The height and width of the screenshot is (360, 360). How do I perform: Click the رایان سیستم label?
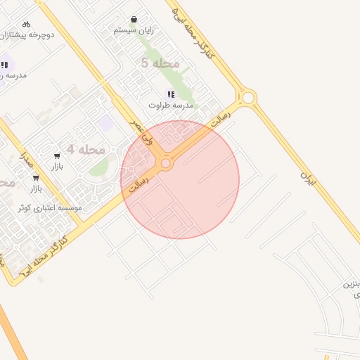(x=134, y=30)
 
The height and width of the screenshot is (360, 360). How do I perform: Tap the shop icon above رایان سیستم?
(x=134, y=20)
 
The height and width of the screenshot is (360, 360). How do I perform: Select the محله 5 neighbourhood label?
(x=160, y=63)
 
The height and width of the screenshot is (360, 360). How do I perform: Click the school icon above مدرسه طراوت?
(x=170, y=94)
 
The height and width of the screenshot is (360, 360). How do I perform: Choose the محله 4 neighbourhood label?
(x=86, y=149)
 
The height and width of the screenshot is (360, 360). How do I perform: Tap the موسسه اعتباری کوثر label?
(x=50, y=207)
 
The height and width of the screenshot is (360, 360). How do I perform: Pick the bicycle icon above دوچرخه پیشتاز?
(x=27, y=24)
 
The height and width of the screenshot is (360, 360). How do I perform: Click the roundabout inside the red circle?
(x=166, y=164)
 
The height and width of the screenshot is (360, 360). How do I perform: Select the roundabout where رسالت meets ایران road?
(x=247, y=97)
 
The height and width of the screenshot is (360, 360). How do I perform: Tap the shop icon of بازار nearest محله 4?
(x=57, y=155)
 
